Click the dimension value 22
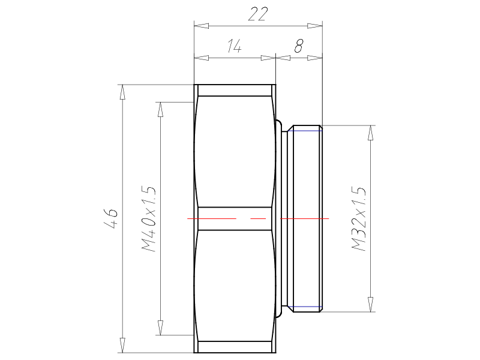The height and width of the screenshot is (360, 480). (258, 14)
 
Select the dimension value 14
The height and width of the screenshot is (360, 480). (234, 46)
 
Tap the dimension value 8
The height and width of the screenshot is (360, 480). (299, 46)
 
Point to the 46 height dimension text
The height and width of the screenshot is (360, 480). (111, 218)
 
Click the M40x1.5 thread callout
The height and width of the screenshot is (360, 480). (149, 218)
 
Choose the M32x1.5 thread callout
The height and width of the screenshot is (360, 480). (358, 218)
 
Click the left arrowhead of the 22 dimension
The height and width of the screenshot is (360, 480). (202, 26)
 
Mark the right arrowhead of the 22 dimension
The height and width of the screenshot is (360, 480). (315, 26)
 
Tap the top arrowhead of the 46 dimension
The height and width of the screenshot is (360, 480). (122, 92)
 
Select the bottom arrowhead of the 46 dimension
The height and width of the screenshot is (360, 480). (122, 346)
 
